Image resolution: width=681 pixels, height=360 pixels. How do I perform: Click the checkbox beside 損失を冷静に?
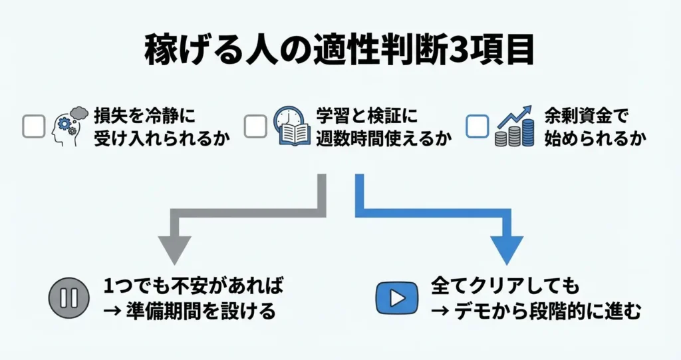click(34, 126)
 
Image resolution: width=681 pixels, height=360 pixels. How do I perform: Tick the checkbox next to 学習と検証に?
click(255, 126)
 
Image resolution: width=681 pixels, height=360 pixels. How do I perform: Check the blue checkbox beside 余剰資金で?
click(477, 126)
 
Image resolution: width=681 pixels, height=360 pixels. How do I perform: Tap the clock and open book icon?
click(290, 126)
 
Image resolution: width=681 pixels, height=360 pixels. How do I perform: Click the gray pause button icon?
click(68, 297)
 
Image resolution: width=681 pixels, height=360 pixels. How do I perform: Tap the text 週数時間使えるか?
click(375, 140)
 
